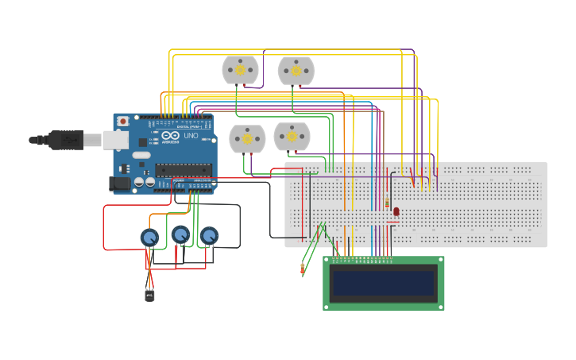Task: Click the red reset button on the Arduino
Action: coord(123,121)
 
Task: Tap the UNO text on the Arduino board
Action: coord(191,136)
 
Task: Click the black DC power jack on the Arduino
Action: coord(119,184)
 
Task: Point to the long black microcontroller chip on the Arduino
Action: coord(184,168)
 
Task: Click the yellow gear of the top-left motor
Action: coord(240,70)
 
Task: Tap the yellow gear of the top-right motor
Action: coord(296,71)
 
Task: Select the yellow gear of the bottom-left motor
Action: coord(247,139)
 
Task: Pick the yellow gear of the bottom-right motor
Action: coord(292,137)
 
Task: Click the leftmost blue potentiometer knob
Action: coord(149,238)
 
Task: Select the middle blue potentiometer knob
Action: coord(180,234)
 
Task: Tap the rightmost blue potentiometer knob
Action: coord(209,236)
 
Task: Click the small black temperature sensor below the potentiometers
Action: coord(149,295)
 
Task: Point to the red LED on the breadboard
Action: coord(396,212)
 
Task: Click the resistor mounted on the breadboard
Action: coord(387,203)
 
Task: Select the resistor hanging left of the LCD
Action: coord(303,268)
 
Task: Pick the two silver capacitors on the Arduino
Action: coord(144,182)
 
